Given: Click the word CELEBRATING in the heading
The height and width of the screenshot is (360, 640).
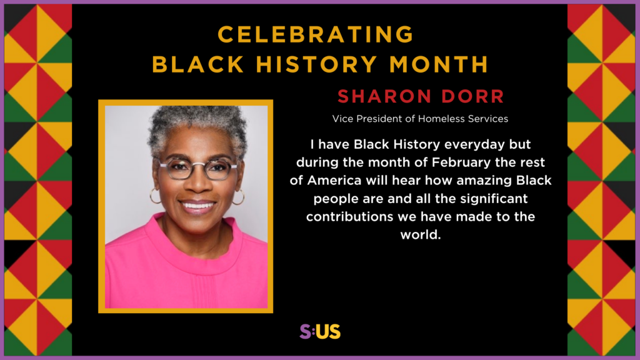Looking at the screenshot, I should [316, 34].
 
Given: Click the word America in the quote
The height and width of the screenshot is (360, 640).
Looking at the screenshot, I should [337, 181].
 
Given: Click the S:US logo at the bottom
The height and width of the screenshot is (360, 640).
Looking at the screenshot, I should [320, 331].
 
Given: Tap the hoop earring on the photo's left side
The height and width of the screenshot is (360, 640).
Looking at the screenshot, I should [154, 196].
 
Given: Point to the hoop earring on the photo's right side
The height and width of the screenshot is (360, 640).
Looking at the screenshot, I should [238, 197].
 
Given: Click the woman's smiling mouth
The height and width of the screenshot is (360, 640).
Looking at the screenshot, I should [197, 205].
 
